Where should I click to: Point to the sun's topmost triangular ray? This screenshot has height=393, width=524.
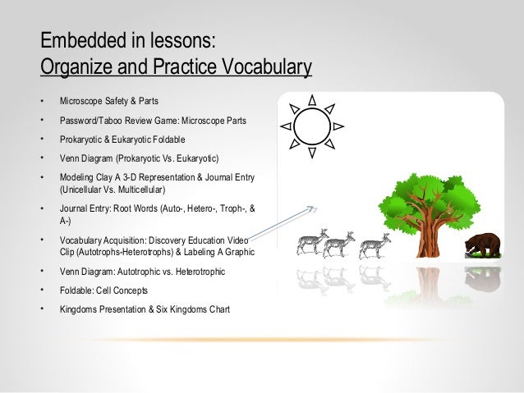point(312,100)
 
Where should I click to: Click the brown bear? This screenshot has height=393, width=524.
point(483,245)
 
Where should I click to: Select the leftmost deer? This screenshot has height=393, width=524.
point(312,242)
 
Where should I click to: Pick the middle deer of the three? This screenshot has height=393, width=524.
point(338,244)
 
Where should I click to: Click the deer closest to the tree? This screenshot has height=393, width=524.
point(375,246)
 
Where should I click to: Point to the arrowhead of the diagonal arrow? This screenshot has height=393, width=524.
point(314,209)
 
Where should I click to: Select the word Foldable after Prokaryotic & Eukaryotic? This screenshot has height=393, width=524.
point(168,139)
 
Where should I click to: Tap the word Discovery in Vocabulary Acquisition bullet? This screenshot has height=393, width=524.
point(167,240)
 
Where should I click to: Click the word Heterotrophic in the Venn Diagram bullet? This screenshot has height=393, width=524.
point(200,272)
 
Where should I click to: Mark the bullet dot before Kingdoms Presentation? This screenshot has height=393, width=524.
point(43,308)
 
